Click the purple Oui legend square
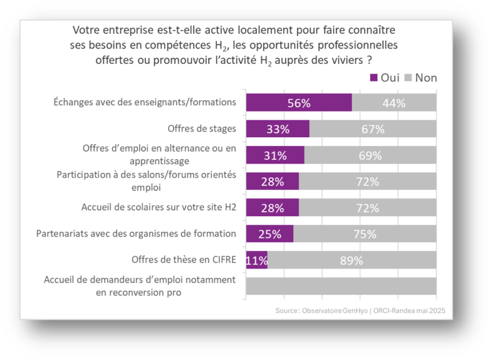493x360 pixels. [374, 78]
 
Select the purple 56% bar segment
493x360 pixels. [298, 103]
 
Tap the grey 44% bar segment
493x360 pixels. [394, 103]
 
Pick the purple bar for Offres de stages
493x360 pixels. [278, 129]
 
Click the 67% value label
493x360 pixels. [372, 129]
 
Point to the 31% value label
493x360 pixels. [274, 155]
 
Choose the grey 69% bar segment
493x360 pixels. [370, 155]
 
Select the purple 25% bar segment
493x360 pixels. [269, 234]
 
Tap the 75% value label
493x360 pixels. [364, 234]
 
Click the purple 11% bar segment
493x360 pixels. [257, 260]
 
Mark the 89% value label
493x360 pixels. [352, 260]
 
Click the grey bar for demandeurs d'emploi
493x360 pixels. [341, 285]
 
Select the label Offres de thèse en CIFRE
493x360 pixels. [184, 259]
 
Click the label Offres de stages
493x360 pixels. [202, 129]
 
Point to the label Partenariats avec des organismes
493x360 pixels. [145, 234]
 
